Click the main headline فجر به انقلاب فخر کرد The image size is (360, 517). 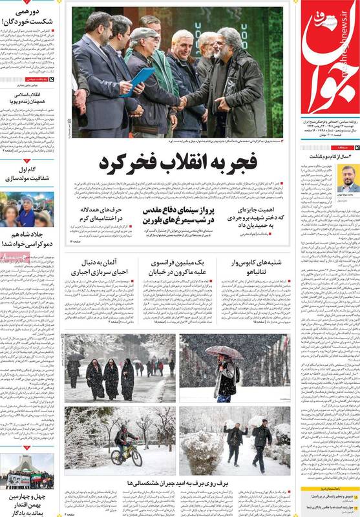[x=178, y=163]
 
